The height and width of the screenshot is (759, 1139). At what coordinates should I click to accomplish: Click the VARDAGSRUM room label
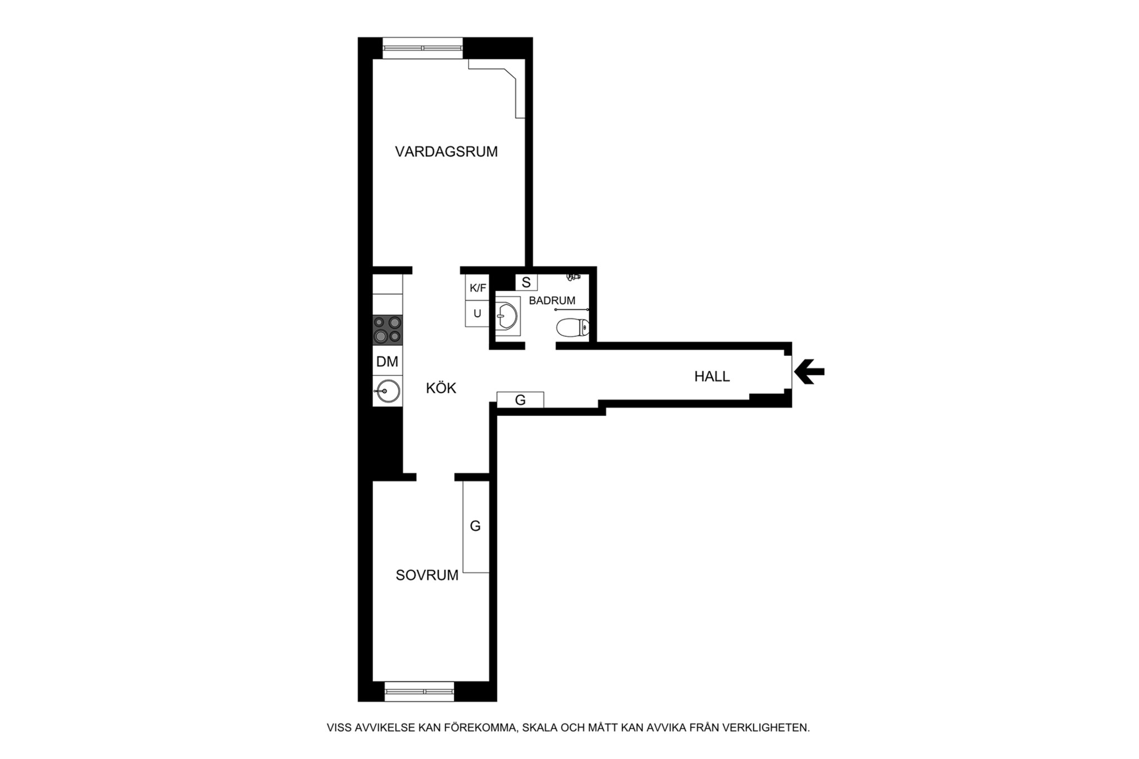coord(446,152)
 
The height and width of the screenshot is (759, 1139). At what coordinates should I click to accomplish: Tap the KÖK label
coord(441,388)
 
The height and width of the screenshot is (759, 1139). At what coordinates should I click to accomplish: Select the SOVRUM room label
coord(427,576)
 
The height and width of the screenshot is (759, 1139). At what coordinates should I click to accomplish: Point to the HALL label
coord(712,376)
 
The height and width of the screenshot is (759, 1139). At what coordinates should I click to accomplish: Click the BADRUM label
coord(552,301)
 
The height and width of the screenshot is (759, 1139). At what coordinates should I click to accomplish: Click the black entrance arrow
coord(810,372)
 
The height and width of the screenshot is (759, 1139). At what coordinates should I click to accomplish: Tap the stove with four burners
coord(388,330)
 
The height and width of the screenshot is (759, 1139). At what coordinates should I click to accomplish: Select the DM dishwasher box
coord(388,361)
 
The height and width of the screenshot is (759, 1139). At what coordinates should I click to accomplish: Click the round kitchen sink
coord(388,391)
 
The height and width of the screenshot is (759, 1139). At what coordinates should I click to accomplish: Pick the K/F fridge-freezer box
coord(478,288)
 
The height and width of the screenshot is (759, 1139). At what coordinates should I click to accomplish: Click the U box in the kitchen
coord(478,314)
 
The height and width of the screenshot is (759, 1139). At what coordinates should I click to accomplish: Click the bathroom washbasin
coord(508,316)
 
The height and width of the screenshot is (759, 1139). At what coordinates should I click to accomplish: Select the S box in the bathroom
coord(526,282)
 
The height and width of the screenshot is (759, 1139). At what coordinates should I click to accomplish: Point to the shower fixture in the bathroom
coord(573,275)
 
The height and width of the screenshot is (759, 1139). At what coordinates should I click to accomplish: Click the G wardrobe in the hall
coord(520,400)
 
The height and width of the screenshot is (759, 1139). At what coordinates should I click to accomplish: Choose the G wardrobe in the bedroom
coord(476,526)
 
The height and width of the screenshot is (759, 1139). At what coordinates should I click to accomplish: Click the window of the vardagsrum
coord(423,48)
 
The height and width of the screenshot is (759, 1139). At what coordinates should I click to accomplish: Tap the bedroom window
coord(419,691)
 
